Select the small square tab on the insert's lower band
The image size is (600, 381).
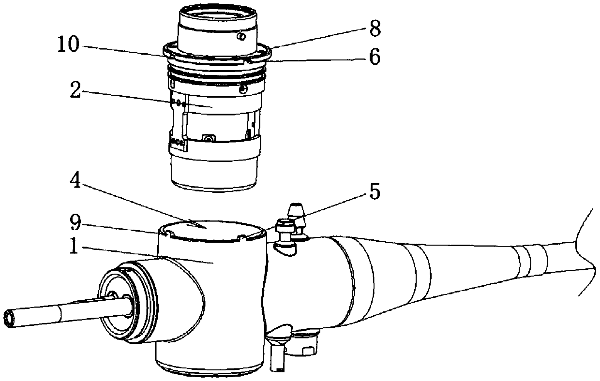[209, 139]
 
